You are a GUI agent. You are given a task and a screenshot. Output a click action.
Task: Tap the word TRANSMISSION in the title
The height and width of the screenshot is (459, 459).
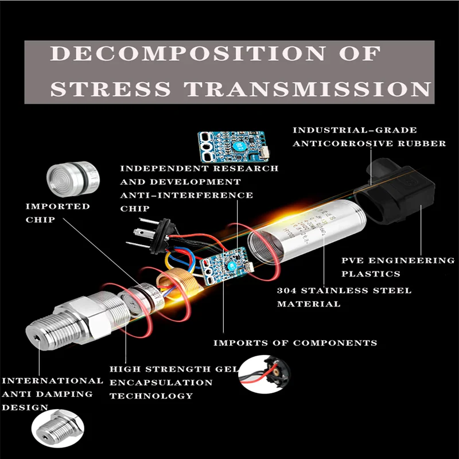click(310, 89)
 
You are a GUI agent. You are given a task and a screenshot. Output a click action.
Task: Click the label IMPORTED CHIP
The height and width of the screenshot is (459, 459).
click(57, 212)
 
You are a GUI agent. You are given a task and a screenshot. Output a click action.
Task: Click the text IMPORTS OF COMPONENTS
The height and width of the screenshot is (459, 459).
click(295, 343)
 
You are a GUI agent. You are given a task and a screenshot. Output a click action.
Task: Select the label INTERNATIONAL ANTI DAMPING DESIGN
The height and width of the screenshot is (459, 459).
click(52, 394)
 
